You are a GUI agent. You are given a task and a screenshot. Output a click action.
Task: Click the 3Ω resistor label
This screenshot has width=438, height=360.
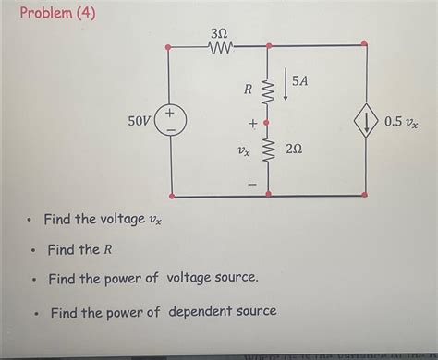[x=219, y=31]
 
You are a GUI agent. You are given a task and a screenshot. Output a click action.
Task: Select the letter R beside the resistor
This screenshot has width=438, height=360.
[x=248, y=90]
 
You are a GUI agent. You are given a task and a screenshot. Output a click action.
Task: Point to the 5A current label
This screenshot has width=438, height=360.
[x=300, y=82]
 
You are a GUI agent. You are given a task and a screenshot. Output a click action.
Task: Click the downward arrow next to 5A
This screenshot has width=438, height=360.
[x=285, y=86]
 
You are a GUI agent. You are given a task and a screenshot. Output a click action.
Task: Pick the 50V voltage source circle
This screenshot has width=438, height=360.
[x=172, y=121]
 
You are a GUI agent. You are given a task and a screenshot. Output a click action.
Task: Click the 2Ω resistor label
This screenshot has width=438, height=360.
[x=293, y=150]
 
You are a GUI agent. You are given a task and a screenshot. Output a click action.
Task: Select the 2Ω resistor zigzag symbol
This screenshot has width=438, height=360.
[x=268, y=150]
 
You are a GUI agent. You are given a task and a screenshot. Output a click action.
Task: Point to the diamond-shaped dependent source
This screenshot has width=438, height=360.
[x=366, y=121]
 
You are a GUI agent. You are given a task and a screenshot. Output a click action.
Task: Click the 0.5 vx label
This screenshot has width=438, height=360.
[x=401, y=121]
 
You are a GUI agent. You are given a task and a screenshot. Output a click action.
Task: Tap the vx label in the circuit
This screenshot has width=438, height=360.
[x=242, y=150]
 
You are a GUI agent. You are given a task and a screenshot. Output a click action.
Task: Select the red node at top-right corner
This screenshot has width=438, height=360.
[x=364, y=43]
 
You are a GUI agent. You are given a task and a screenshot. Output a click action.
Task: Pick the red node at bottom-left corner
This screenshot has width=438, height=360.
[x=172, y=196]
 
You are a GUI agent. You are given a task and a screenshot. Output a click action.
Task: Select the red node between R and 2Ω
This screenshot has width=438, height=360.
[x=268, y=121]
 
